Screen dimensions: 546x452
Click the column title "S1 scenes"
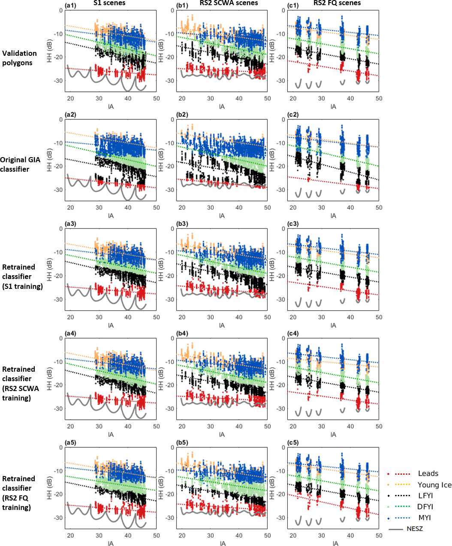click(109, 3)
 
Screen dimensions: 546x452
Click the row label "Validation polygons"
click(19, 58)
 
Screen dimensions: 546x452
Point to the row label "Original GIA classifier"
click(20, 164)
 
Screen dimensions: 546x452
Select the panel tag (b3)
click(181, 224)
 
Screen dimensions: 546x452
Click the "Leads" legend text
click(428, 473)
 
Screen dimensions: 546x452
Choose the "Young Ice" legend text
click(434, 485)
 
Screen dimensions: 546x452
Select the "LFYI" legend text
click(425, 496)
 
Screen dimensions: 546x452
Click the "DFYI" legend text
click(425, 507)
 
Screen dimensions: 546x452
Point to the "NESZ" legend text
click(415, 529)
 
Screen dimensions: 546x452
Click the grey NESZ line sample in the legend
click(395, 529)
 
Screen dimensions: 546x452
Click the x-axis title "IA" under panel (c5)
click(335, 543)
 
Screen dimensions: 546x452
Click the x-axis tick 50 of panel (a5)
click(157, 535)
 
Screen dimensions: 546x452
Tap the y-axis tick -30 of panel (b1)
click(170, 81)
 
